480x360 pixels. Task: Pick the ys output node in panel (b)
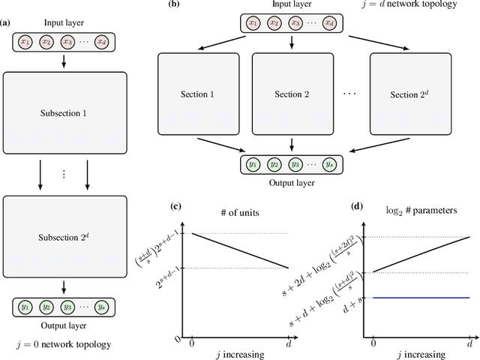[328, 163]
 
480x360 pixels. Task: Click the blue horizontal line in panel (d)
[421, 298]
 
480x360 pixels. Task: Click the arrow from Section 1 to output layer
[217, 142]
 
